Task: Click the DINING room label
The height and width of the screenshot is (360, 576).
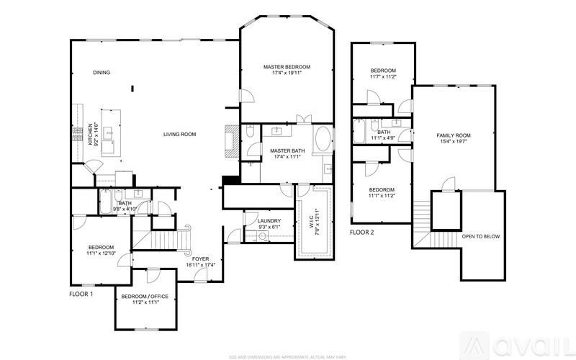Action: point(101,73)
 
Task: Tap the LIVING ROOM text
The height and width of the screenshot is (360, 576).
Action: point(180,134)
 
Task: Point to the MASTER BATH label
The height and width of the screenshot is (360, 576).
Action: point(284,150)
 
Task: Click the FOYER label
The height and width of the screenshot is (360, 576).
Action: point(199,258)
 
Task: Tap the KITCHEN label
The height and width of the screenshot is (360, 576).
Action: point(91,134)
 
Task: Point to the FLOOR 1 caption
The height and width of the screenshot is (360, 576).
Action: point(81,294)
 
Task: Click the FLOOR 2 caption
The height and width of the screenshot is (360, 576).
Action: point(362,233)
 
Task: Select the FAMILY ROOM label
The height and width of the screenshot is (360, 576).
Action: point(454,135)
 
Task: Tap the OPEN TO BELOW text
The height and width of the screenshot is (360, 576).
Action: point(481,236)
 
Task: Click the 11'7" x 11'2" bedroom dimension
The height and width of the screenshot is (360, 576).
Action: point(383,76)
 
